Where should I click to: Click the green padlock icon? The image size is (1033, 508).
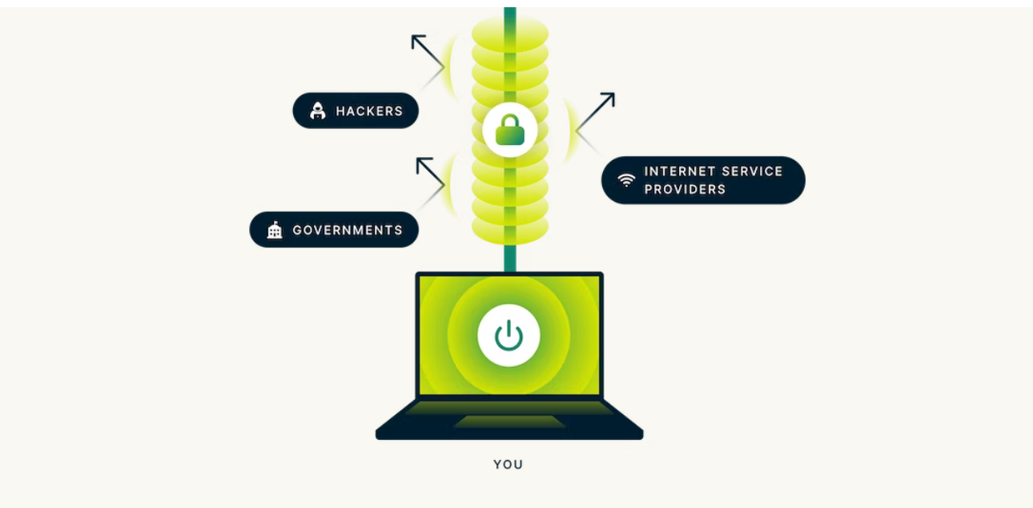point(509,129)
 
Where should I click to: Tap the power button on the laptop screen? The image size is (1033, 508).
point(508,336)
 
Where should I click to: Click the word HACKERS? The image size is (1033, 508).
point(369,111)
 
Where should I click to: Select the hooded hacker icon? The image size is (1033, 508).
point(318,111)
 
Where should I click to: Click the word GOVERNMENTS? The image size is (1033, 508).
point(348,230)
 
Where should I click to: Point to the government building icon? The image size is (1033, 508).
point(275,230)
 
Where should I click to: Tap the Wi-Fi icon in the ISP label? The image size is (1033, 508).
point(626,179)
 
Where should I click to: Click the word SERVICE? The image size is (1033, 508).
point(750,171)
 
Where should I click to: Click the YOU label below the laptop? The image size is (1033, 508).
point(508,464)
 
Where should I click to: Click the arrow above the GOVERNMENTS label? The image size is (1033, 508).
point(430,172)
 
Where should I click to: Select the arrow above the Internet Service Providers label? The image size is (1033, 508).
point(597,111)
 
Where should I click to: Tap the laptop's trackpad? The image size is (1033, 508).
point(509,421)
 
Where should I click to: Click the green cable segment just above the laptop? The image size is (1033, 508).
point(509,258)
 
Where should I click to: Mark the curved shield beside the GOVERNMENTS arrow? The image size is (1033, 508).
point(454,185)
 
